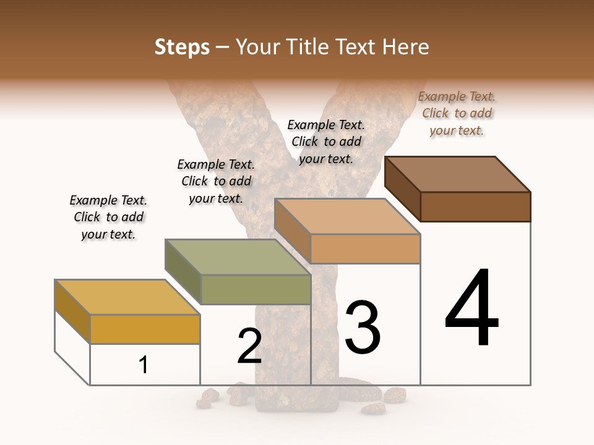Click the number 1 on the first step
click(x=144, y=365)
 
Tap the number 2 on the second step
click(x=249, y=346)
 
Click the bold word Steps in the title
click(x=182, y=47)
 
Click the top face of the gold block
click(x=127, y=297)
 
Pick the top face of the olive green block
click(x=238, y=257)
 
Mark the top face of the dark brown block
click(x=457, y=174)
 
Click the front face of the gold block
click(x=145, y=329)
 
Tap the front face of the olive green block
click(x=256, y=289)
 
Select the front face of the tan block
click(x=365, y=248)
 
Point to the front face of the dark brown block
click(x=475, y=206)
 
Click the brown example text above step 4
click(x=457, y=113)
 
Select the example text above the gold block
click(x=108, y=217)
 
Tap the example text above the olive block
click(x=216, y=181)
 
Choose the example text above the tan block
click(x=326, y=142)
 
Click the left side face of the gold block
click(x=72, y=311)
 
